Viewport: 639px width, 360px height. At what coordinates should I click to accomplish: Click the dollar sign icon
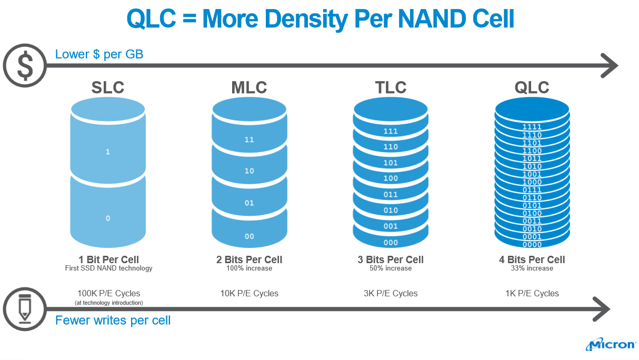(25, 65)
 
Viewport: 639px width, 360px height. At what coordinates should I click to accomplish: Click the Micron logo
(611, 345)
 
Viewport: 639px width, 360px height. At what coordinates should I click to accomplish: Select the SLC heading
(107, 87)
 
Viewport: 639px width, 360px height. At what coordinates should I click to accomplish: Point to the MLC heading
(249, 87)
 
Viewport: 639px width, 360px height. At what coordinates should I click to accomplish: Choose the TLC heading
(391, 87)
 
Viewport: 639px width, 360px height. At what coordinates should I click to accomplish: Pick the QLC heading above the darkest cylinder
(532, 87)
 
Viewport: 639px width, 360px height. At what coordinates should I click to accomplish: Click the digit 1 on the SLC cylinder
(108, 152)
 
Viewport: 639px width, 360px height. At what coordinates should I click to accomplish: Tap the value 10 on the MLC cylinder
(249, 171)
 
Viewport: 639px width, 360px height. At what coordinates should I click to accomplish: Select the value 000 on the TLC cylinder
(391, 243)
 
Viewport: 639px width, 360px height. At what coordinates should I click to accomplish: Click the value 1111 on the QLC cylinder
(532, 127)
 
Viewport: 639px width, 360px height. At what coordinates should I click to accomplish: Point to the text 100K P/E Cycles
(108, 293)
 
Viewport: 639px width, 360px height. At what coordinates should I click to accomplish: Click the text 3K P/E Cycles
(391, 293)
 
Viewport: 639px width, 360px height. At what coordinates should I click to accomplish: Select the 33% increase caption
(532, 268)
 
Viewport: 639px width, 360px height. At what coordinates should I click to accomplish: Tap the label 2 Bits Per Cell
(249, 259)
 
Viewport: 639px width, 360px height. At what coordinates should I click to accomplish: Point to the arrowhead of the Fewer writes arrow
(602, 309)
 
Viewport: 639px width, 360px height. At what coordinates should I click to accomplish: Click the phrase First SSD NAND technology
(108, 268)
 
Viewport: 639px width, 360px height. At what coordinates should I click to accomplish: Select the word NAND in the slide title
(431, 19)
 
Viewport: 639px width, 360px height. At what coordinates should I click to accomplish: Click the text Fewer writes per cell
(113, 320)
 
